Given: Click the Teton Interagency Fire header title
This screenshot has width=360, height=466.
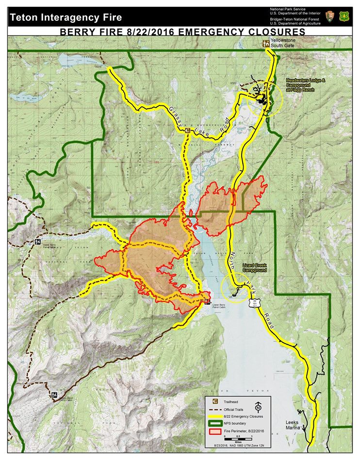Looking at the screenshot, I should tap(65, 18).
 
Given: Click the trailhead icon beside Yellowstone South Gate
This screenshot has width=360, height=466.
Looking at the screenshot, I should tap(266, 43).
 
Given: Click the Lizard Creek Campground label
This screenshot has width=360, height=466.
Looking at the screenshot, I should tap(255, 268).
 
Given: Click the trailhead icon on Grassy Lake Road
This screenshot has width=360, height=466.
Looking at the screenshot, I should tap(187, 130).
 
